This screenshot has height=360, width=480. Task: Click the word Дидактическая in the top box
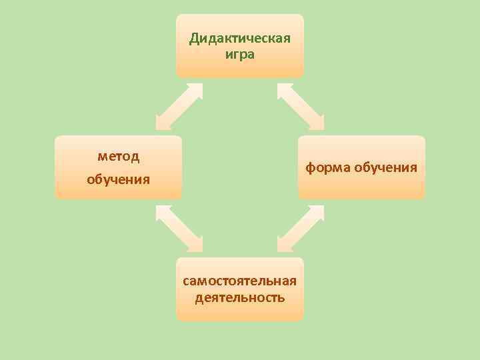pos(240,37)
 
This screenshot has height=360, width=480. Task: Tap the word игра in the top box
pos(240,54)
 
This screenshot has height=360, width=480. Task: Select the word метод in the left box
pos(118,157)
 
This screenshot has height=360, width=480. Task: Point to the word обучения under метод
pos(118,179)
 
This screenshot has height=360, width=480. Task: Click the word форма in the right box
pos(328,167)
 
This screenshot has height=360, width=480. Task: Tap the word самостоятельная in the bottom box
pos(240,281)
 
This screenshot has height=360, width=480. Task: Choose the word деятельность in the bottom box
pos(240,297)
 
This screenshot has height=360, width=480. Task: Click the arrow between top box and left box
pos(179,106)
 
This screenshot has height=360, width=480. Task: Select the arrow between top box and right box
pos(301,106)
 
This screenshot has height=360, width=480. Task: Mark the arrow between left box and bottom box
pos(179,229)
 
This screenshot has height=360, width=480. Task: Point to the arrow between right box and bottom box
pos(301,229)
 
